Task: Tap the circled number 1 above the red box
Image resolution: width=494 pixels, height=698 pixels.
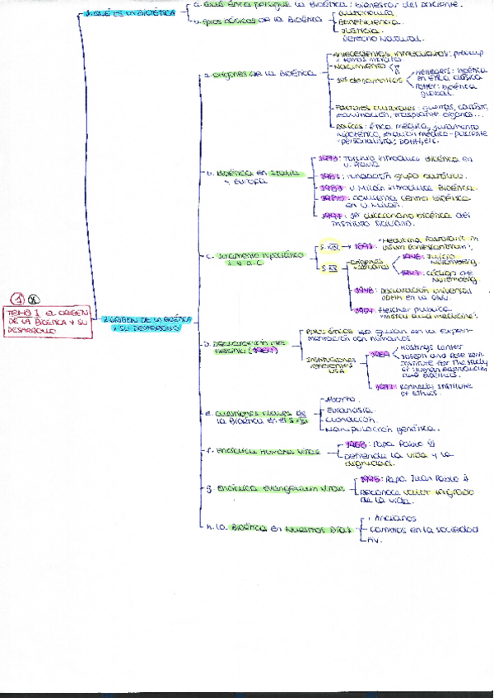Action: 17,300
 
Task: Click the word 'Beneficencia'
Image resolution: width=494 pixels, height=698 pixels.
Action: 360,23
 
